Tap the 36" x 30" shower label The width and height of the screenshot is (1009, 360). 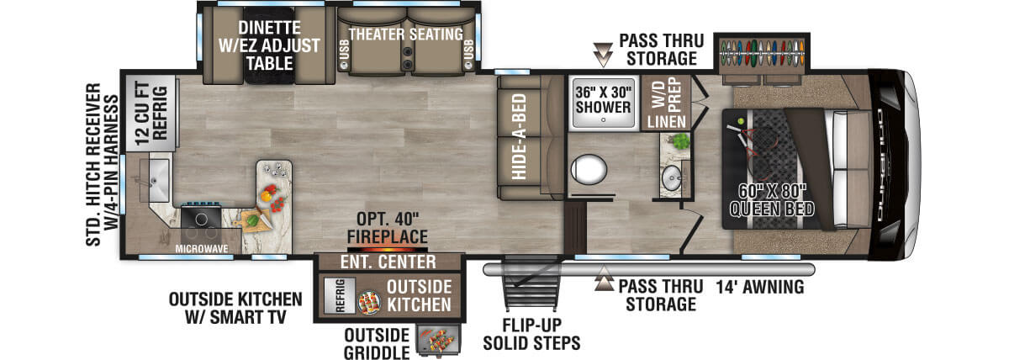click(602, 99)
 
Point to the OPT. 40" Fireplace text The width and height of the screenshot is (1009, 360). click(388, 229)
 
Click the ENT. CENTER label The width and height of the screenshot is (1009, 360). click(388, 262)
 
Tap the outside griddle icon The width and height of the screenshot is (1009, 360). click(440, 341)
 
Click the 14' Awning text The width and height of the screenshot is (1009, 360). click(760, 288)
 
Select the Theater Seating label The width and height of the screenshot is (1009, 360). click(405, 34)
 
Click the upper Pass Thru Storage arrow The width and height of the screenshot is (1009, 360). click(602, 56)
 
